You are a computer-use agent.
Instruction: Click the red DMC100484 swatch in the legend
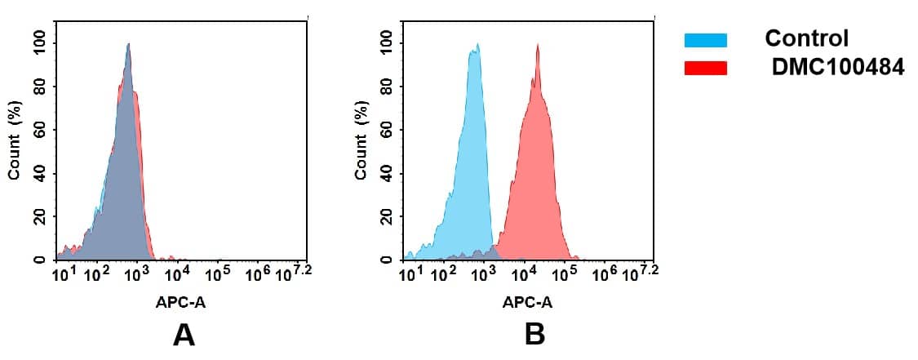[x=706, y=69]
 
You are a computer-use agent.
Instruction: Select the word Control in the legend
[x=806, y=38]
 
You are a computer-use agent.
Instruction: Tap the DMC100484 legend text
[x=838, y=69]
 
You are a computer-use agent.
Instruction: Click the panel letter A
[x=184, y=335]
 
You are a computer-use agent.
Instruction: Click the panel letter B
[x=534, y=335]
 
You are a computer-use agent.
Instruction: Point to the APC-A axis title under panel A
[x=181, y=303]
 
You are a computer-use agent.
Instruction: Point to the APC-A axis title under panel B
[x=527, y=303]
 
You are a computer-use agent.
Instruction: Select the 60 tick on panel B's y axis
[x=386, y=131]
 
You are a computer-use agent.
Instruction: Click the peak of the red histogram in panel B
[x=538, y=46]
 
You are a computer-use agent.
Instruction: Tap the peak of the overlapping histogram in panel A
[x=128, y=46]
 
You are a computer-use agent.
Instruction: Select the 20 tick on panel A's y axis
[x=39, y=217]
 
